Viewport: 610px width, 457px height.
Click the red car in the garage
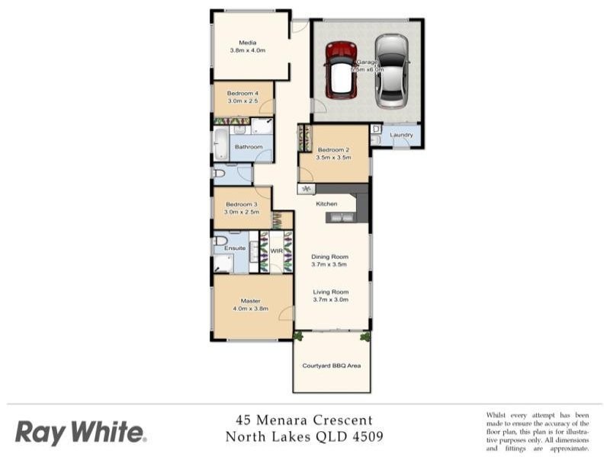click(x=341, y=70)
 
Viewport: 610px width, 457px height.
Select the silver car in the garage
click(x=391, y=69)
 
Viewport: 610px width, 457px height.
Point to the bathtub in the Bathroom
click(x=220, y=145)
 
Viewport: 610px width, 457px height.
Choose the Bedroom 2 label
click(x=333, y=150)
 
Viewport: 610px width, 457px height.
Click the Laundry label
click(x=401, y=136)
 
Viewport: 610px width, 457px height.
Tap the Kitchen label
click(x=327, y=204)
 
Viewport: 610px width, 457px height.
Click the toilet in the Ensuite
click(x=221, y=241)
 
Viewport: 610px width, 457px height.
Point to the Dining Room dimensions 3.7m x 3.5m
click(x=329, y=266)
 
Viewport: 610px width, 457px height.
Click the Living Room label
click(x=330, y=292)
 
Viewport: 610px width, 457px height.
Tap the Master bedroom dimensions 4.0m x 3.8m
click(x=251, y=308)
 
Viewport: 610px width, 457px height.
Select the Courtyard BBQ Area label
click(x=331, y=366)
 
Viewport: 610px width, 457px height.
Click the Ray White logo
click(x=80, y=433)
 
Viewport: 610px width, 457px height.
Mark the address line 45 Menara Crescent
click(x=304, y=420)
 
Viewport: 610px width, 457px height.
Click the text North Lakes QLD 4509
click(x=304, y=437)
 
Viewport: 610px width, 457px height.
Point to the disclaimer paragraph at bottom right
click(x=538, y=432)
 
